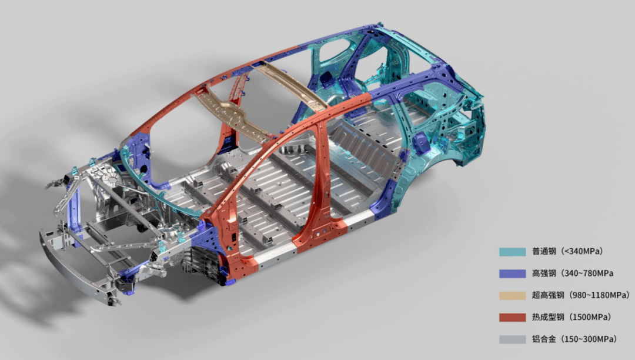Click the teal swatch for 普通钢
(512, 252)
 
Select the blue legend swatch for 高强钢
(512, 274)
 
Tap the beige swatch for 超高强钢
(512, 295)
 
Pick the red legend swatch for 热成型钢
(512, 317)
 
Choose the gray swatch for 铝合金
(512, 339)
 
